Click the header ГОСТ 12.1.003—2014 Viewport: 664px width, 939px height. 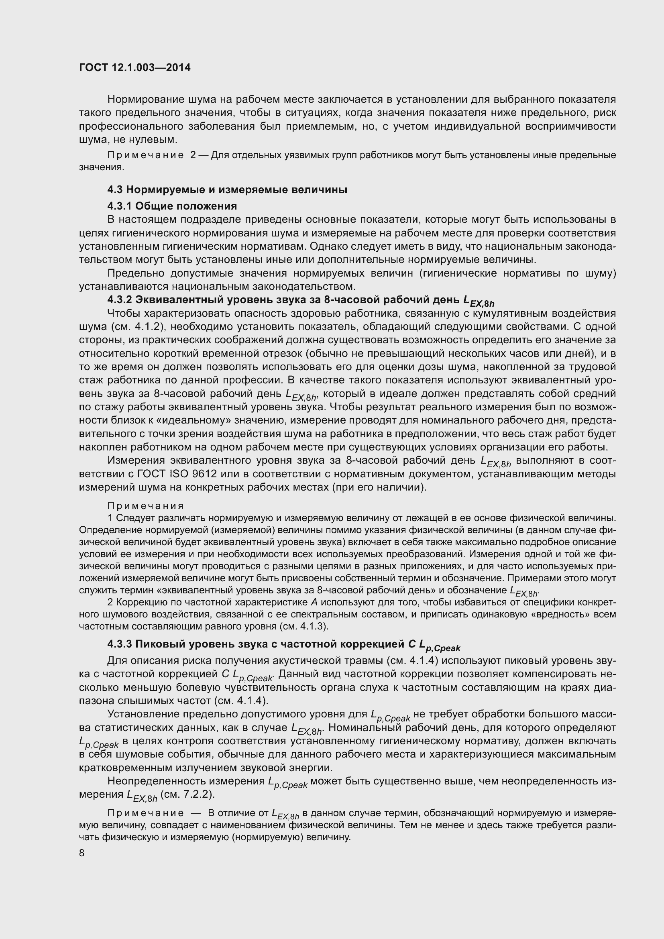pyautogui.click(x=134, y=68)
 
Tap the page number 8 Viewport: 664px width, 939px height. pyautogui.click(x=82, y=853)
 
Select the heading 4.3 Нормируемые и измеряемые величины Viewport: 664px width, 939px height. pyautogui.click(x=227, y=190)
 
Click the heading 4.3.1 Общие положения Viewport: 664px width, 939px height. pyautogui.click(x=172, y=205)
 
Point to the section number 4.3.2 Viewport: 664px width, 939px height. pyautogui.click(x=119, y=300)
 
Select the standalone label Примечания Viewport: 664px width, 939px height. pyautogui.click(x=146, y=506)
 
